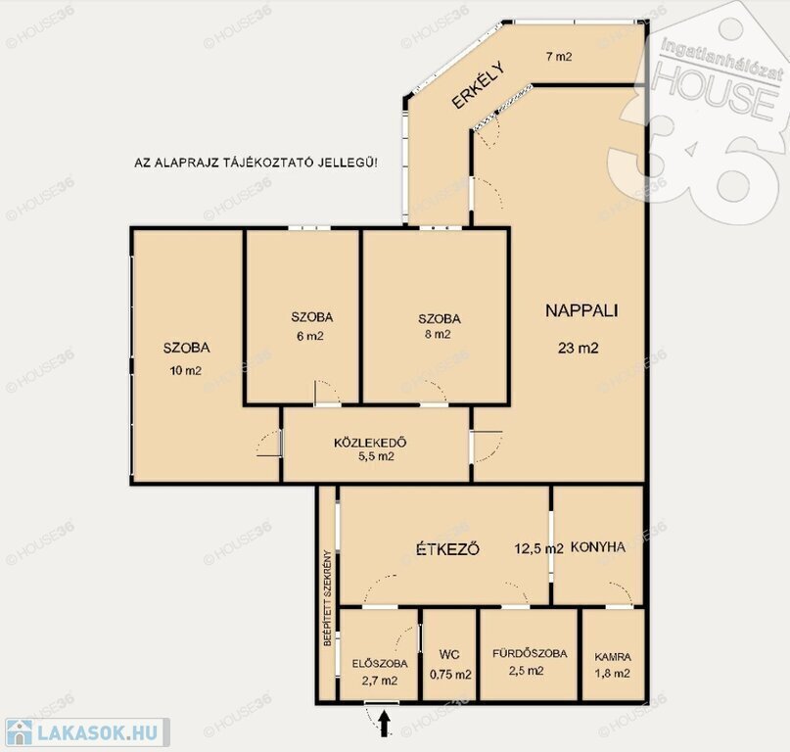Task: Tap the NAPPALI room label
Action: (x=581, y=310)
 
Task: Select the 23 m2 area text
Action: (x=578, y=348)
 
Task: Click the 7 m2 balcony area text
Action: (x=559, y=57)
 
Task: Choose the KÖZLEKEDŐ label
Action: (x=370, y=443)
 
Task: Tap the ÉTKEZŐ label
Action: (x=447, y=548)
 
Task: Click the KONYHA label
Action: (x=597, y=546)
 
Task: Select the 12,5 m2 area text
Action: (x=538, y=548)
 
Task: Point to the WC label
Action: (x=449, y=654)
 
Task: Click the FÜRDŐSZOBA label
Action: (x=530, y=653)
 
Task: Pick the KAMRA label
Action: (x=613, y=657)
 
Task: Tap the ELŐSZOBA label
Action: (x=380, y=664)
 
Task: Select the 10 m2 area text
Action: (x=186, y=370)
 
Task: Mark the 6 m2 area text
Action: (x=310, y=336)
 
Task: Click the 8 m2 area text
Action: (x=438, y=334)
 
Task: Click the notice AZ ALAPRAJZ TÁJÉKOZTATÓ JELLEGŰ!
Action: (x=256, y=163)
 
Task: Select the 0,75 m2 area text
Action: (x=450, y=675)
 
